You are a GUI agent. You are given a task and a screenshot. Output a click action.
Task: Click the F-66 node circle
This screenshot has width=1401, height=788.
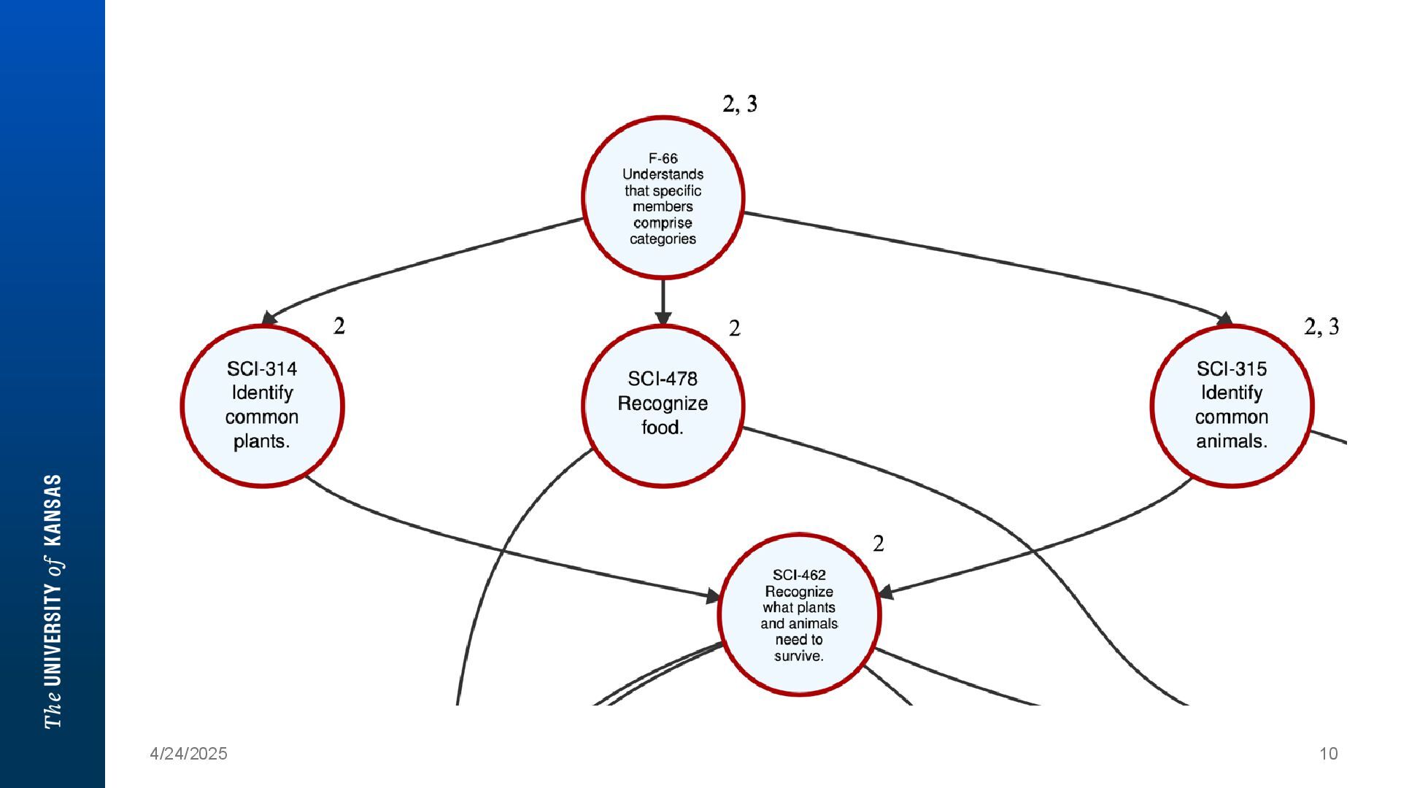click(x=663, y=197)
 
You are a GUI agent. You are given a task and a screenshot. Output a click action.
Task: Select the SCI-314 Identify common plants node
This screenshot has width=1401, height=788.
click(x=262, y=406)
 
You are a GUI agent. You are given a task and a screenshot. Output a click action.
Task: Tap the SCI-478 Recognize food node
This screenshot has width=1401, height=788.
click(x=663, y=406)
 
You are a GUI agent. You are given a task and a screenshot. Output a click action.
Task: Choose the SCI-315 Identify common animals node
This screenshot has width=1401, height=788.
click(x=1232, y=406)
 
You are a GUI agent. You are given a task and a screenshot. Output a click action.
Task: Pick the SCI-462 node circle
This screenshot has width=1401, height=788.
click(x=799, y=614)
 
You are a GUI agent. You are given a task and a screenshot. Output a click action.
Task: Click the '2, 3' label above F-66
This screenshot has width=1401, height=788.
click(x=740, y=104)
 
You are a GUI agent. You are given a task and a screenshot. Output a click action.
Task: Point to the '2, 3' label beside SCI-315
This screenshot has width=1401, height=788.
click(x=1321, y=326)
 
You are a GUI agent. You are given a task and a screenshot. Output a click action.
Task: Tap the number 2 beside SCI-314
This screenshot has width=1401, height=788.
click(x=339, y=326)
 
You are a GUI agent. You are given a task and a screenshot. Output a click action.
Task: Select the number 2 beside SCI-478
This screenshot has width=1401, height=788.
click(x=734, y=329)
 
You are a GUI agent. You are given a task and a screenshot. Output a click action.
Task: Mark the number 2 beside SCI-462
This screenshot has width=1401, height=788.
click(x=879, y=544)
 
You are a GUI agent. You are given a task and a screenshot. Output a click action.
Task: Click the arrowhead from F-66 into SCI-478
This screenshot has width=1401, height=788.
click(x=663, y=318)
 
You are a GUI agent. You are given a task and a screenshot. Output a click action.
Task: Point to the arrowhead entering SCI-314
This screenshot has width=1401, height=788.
click(x=269, y=318)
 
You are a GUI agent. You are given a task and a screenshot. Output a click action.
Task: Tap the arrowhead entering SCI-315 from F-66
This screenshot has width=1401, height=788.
click(x=1224, y=319)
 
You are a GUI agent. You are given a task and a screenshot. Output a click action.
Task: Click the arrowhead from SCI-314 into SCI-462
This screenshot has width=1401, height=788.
click(x=713, y=597)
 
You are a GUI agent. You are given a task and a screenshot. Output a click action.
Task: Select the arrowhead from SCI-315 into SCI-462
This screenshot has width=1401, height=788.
click(x=887, y=592)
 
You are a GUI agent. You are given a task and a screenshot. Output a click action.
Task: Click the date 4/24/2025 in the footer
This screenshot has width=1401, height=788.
click(x=188, y=754)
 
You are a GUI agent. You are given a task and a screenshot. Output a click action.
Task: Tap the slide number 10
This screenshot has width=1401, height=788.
click(x=1329, y=754)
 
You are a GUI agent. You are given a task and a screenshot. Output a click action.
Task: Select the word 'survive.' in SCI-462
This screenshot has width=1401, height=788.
click(x=799, y=656)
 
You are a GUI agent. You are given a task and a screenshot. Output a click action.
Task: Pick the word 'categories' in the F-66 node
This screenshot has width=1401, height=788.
click(x=663, y=239)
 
